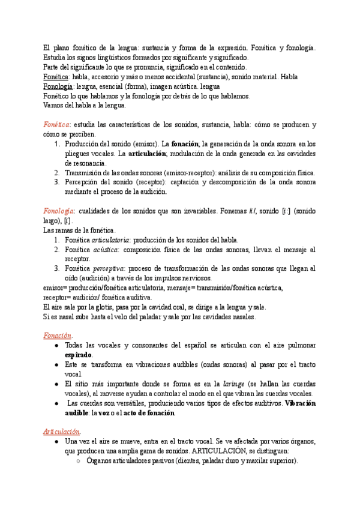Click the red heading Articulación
[x=62, y=432]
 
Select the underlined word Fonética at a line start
[x=56, y=77]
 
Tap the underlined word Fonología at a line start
[x=58, y=86]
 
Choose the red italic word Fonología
[x=59, y=211]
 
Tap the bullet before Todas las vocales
[x=56, y=346]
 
